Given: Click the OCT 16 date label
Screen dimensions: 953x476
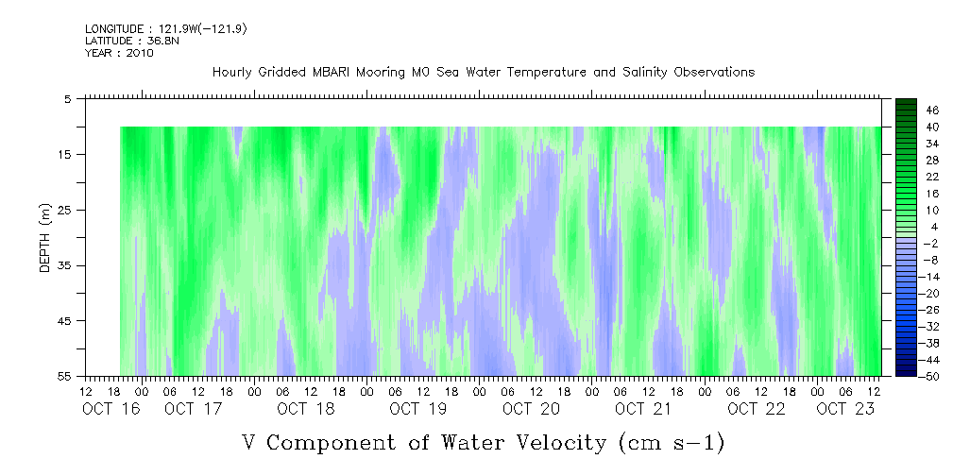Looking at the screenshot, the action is (x=111, y=409).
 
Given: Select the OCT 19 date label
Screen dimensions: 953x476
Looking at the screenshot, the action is (x=418, y=409).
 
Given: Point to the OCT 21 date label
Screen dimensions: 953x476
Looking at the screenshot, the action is (x=643, y=409).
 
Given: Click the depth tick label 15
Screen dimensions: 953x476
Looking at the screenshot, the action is (x=67, y=154).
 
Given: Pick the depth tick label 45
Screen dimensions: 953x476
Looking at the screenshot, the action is (x=67, y=320).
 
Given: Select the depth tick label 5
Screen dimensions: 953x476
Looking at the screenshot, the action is (x=71, y=98).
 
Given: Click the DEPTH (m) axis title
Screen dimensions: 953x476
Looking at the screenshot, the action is (x=45, y=238).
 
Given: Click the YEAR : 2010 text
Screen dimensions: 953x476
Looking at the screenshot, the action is (x=119, y=53).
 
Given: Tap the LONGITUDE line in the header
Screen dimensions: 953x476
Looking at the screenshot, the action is (x=166, y=29).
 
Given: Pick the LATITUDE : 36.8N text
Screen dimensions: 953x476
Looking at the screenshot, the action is (x=132, y=41).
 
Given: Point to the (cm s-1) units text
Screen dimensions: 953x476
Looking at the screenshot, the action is (x=672, y=443).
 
